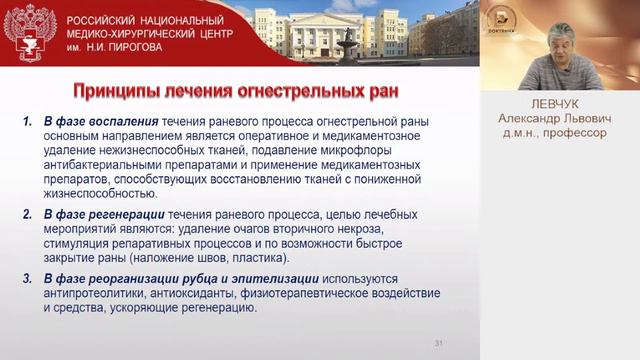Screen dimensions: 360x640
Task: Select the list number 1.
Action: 26,122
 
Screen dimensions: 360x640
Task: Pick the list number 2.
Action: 26,215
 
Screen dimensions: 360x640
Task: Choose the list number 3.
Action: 26,277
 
